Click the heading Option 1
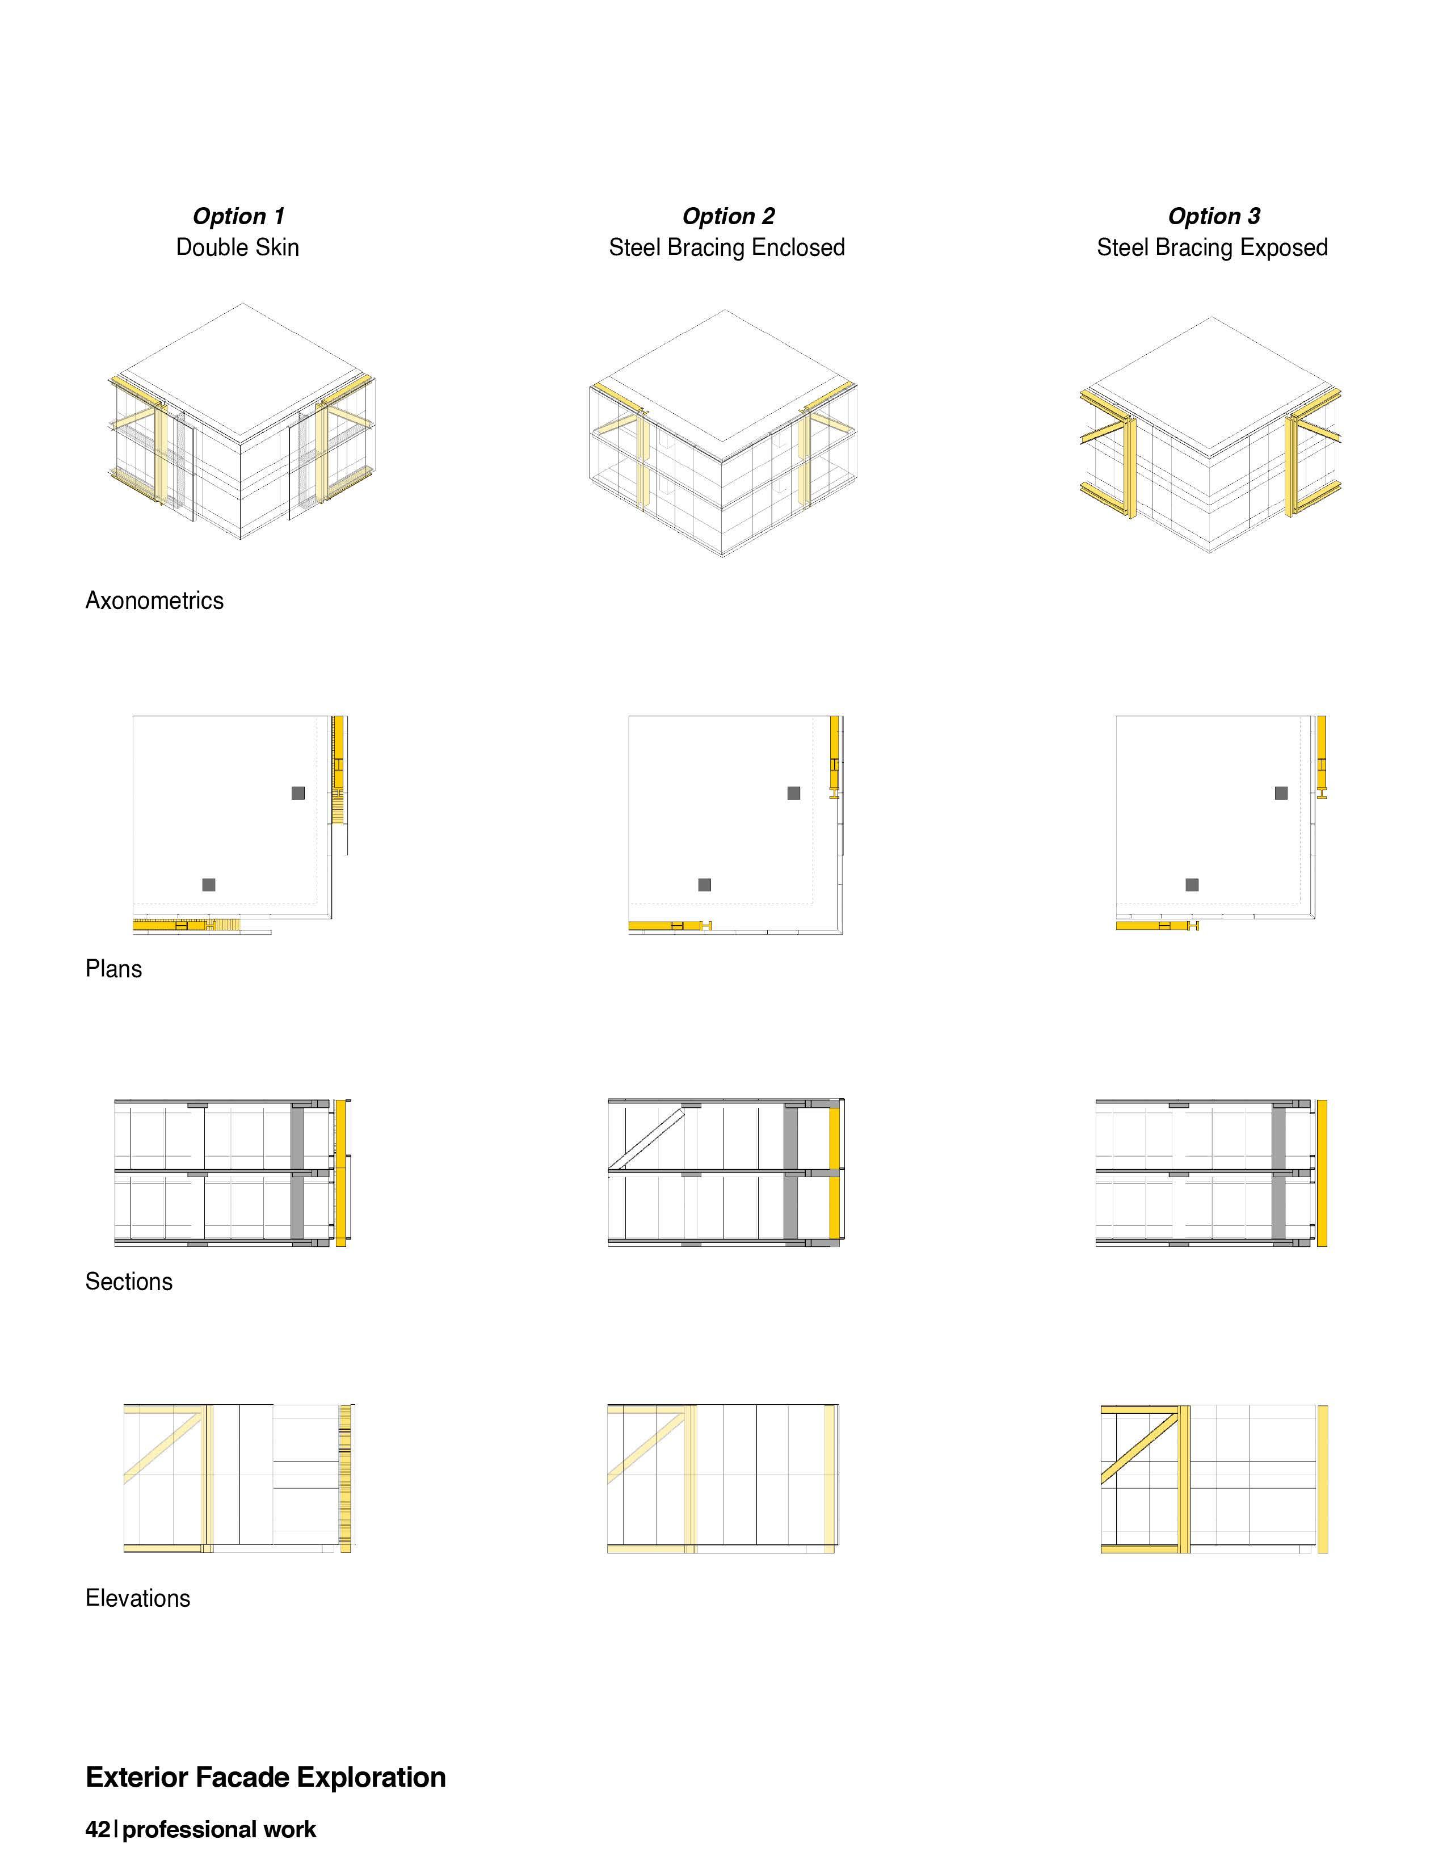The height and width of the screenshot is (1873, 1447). click(238, 216)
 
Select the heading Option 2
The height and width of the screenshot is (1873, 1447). click(728, 216)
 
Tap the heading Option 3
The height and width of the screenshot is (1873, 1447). click(1213, 216)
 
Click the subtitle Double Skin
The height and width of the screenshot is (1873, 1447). click(237, 248)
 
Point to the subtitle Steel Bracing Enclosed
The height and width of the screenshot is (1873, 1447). click(727, 248)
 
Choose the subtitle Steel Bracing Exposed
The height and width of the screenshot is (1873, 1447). click(1212, 248)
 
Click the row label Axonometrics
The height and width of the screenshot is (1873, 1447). click(154, 600)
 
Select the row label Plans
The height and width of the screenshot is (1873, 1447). click(113, 969)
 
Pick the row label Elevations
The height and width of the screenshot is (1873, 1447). click(137, 1598)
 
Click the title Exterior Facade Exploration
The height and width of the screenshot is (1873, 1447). click(266, 1777)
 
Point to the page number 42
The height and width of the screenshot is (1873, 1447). click(97, 1830)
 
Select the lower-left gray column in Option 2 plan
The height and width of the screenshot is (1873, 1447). click(705, 885)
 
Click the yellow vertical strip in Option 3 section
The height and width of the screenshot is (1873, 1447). click(1321, 1173)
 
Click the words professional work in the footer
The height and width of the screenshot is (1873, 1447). click(220, 1830)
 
